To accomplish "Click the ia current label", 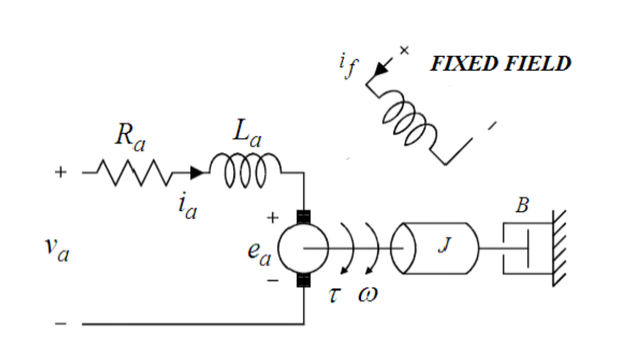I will pos(187,205).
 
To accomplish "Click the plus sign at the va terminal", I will pos(60,172).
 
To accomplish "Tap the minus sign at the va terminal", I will pos(60,324).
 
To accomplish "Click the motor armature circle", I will pos(303,248).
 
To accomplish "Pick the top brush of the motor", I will pos(304,216).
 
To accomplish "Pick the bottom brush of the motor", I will pos(304,280).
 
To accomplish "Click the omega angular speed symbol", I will pos(367,295).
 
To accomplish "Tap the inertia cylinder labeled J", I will pos(435,248).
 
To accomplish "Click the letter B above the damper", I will pos(522,206).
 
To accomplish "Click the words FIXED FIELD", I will pos(500,64).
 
